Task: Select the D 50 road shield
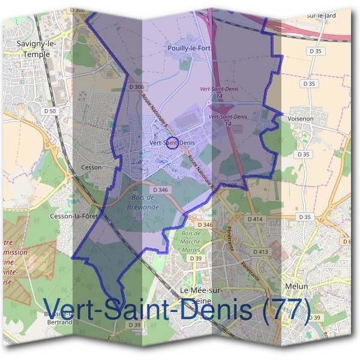50,111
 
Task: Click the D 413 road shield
260,251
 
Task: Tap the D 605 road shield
229,185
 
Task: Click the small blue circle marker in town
172,143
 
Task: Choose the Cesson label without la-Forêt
91,167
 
